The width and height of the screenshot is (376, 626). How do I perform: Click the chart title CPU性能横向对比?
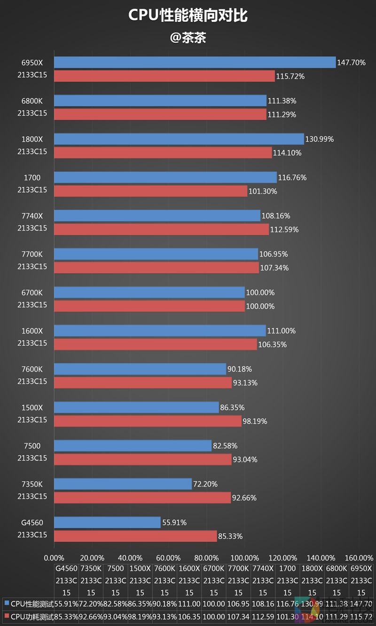[x=188, y=16]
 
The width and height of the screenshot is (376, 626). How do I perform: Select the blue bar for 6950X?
[x=195, y=62]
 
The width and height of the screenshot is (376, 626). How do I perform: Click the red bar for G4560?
[x=135, y=536]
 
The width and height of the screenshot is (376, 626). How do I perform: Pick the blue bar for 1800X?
[x=179, y=139]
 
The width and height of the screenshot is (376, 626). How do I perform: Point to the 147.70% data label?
[x=352, y=62]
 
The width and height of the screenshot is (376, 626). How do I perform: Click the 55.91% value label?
[x=174, y=522]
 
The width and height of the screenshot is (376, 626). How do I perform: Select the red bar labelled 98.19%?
[x=148, y=421]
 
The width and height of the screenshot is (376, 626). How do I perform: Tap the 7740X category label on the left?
[x=32, y=216]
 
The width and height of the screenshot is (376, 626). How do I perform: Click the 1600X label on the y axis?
[x=32, y=331]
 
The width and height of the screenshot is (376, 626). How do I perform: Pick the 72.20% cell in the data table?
[x=91, y=602]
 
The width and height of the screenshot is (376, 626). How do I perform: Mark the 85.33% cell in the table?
[x=66, y=616]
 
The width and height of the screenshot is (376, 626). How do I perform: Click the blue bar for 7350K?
[x=123, y=483]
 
